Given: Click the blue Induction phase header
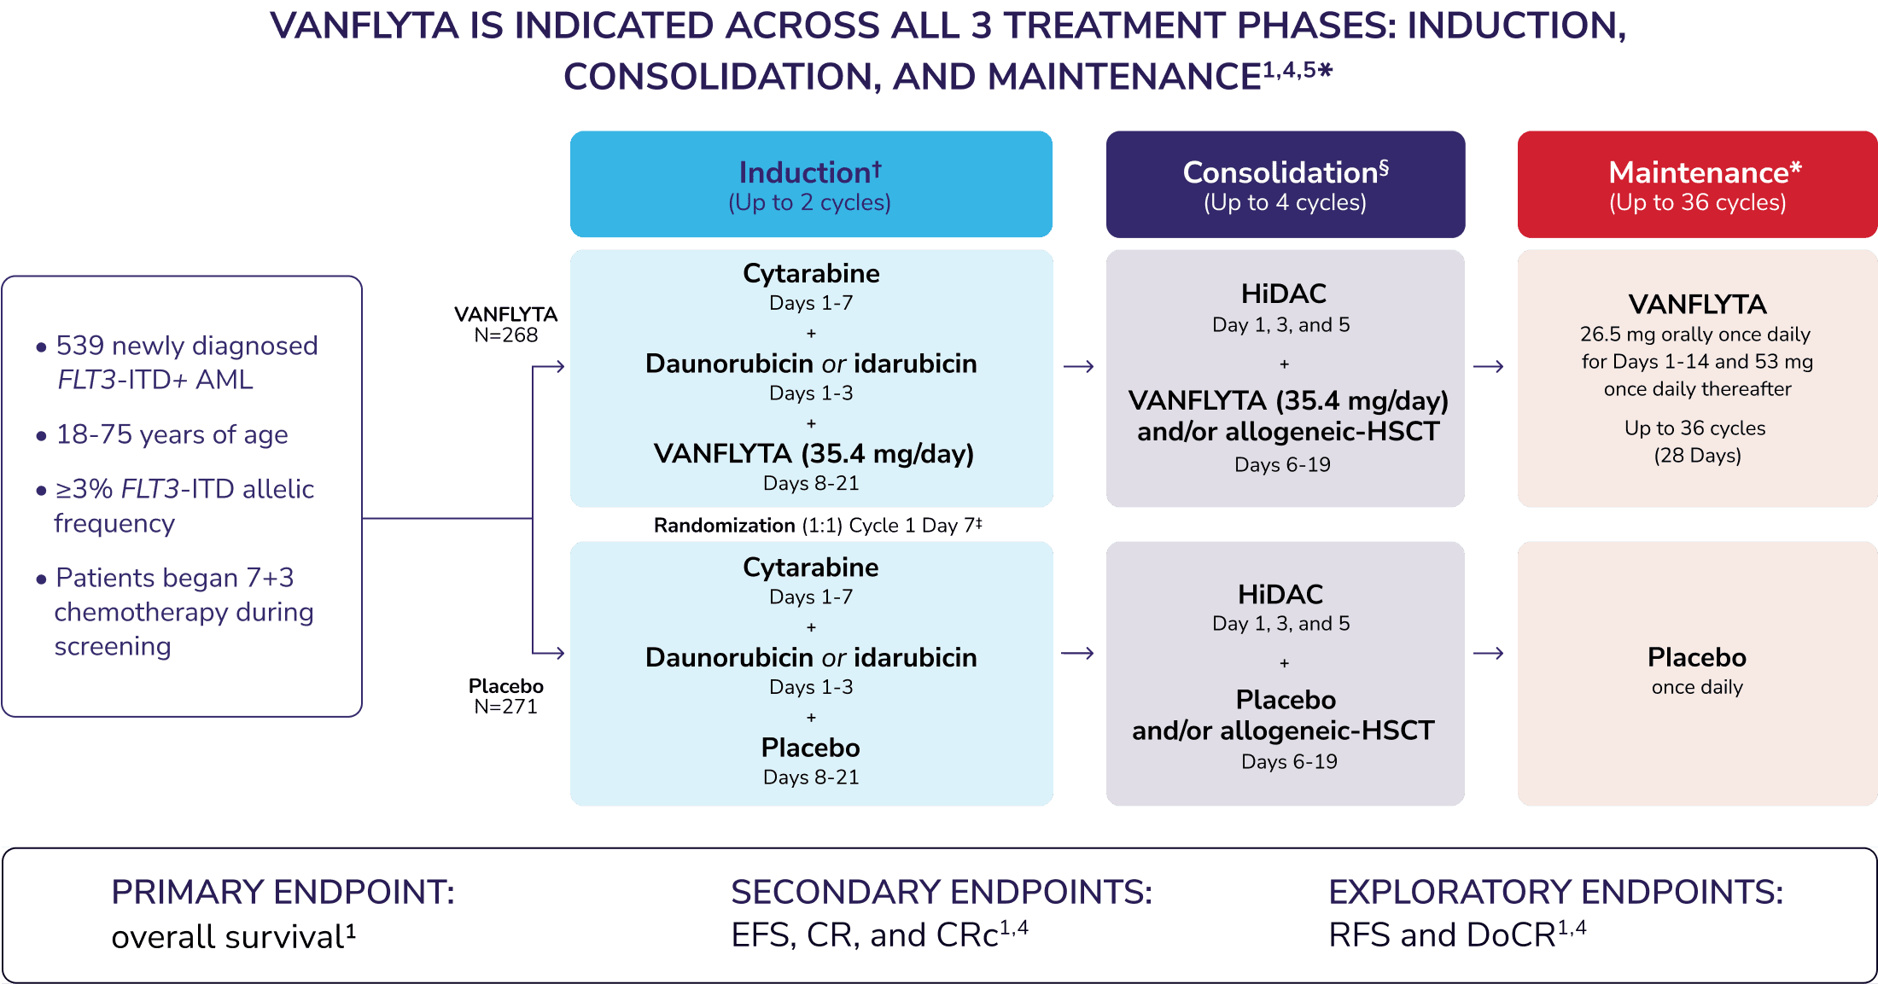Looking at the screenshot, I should (x=811, y=184).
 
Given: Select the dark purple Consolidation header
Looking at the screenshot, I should (x=1285, y=184).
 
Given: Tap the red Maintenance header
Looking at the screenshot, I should (x=1697, y=184).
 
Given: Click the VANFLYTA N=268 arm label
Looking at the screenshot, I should (x=505, y=325).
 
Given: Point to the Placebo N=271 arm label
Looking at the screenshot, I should (x=505, y=696).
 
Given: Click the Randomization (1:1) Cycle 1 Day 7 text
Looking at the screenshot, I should (x=817, y=525).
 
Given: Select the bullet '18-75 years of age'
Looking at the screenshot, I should (x=172, y=434).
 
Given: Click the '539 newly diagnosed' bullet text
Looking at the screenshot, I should (x=186, y=346).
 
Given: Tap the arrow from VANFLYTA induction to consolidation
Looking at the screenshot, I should (x=1079, y=367).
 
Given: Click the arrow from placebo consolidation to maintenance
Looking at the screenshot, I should (x=1490, y=654).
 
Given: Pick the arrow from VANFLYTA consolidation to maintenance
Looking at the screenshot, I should (x=1490, y=367).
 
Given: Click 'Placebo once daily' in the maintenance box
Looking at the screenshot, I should (x=1697, y=671).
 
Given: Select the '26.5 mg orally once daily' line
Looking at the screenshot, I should (x=1694, y=335).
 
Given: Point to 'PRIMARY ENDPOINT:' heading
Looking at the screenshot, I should (x=283, y=892).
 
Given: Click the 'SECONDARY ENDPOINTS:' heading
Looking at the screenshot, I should (x=942, y=892).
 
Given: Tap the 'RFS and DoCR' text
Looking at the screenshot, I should (x=1443, y=935).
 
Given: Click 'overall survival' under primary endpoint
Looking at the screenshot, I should (x=227, y=937).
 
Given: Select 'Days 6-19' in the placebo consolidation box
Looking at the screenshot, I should (x=1289, y=761).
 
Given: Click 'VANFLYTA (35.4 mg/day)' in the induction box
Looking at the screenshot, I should (x=814, y=453).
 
